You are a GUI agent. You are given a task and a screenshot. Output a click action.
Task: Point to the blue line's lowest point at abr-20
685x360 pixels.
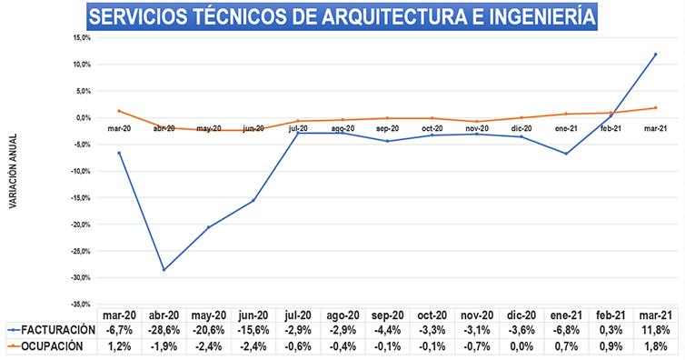(164, 270)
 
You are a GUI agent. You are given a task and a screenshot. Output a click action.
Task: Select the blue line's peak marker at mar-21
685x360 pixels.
(655, 55)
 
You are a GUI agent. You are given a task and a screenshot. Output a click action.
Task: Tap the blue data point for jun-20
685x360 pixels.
(253, 201)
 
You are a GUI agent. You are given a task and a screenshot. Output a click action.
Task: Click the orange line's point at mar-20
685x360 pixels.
(119, 111)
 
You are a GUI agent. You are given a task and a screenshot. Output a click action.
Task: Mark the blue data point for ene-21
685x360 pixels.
(566, 154)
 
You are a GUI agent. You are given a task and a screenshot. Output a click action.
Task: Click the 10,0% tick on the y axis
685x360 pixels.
(83, 65)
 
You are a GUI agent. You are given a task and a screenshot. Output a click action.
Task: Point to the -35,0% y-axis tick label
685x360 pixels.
(81, 304)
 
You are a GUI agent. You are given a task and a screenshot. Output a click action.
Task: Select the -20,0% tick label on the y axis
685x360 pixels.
(81, 225)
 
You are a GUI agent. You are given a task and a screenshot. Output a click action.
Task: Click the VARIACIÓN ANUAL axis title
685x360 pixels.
(13, 171)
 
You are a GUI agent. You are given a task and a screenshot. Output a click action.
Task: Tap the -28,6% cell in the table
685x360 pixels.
(164, 330)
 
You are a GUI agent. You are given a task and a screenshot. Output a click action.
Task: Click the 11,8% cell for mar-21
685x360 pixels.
(655, 330)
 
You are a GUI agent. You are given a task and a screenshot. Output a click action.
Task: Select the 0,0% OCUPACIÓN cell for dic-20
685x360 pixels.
(521, 346)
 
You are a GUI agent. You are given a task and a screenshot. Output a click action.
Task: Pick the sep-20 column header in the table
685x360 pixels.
(388, 315)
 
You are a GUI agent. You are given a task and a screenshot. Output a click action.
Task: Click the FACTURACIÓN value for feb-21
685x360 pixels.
(611, 330)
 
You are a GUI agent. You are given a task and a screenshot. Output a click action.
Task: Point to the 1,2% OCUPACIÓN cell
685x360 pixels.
(119, 346)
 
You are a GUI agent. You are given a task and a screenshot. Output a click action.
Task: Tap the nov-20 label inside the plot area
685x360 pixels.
(477, 129)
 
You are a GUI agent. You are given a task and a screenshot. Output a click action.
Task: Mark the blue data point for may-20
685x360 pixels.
(208, 227)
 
